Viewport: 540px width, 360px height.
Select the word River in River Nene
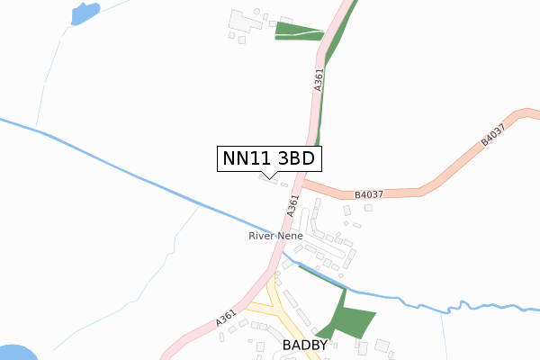pyautogui.click(x=262, y=236)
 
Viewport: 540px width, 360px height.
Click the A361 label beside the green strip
pyautogui.click(x=319, y=80)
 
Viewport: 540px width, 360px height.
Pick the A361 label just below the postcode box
pyautogui.click(x=292, y=207)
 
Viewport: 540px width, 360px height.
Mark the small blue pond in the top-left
pyautogui.click(x=84, y=13)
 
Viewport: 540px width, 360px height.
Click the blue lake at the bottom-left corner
pyautogui.click(x=13, y=353)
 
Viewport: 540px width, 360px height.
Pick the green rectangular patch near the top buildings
pyautogui.click(x=297, y=31)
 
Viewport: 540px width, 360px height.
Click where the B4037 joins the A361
pyautogui.click(x=302, y=182)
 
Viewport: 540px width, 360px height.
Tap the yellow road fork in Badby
pyautogui.click(x=282, y=310)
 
